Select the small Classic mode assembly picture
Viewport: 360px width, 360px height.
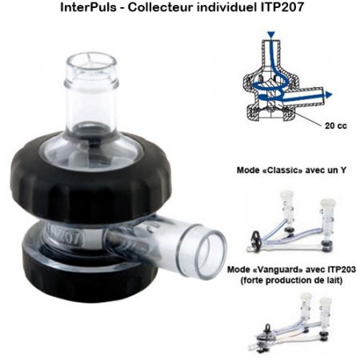292,221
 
